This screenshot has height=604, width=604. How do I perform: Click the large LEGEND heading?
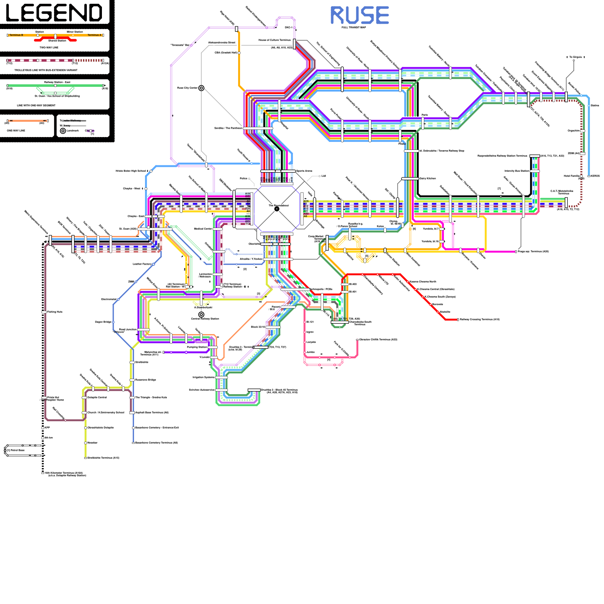(x=54, y=13)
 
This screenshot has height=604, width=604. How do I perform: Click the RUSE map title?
(x=359, y=15)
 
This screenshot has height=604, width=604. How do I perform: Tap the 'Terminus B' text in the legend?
(x=16, y=35)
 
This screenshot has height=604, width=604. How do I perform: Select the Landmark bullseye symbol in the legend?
(x=63, y=131)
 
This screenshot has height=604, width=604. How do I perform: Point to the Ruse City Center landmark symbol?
(x=202, y=88)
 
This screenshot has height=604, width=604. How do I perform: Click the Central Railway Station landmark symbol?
(x=201, y=314)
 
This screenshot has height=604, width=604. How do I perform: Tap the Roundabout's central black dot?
(x=277, y=209)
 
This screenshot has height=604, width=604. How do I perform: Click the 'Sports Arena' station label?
(x=304, y=171)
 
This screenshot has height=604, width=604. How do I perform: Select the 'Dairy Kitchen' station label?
(x=428, y=179)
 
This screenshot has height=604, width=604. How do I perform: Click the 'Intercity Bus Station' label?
(x=517, y=171)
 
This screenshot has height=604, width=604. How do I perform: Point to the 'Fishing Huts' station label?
(x=55, y=312)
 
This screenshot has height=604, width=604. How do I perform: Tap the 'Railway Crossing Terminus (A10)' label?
(x=479, y=319)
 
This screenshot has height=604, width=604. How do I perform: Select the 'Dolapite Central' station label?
(x=97, y=398)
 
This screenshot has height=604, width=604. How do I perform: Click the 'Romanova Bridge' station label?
(x=146, y=380)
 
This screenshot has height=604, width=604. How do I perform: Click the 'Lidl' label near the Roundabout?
(x=324, y=176)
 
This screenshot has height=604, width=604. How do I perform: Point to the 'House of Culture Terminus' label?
(x=274, y=40)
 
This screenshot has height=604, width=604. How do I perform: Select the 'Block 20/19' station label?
(x=258, y=327)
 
